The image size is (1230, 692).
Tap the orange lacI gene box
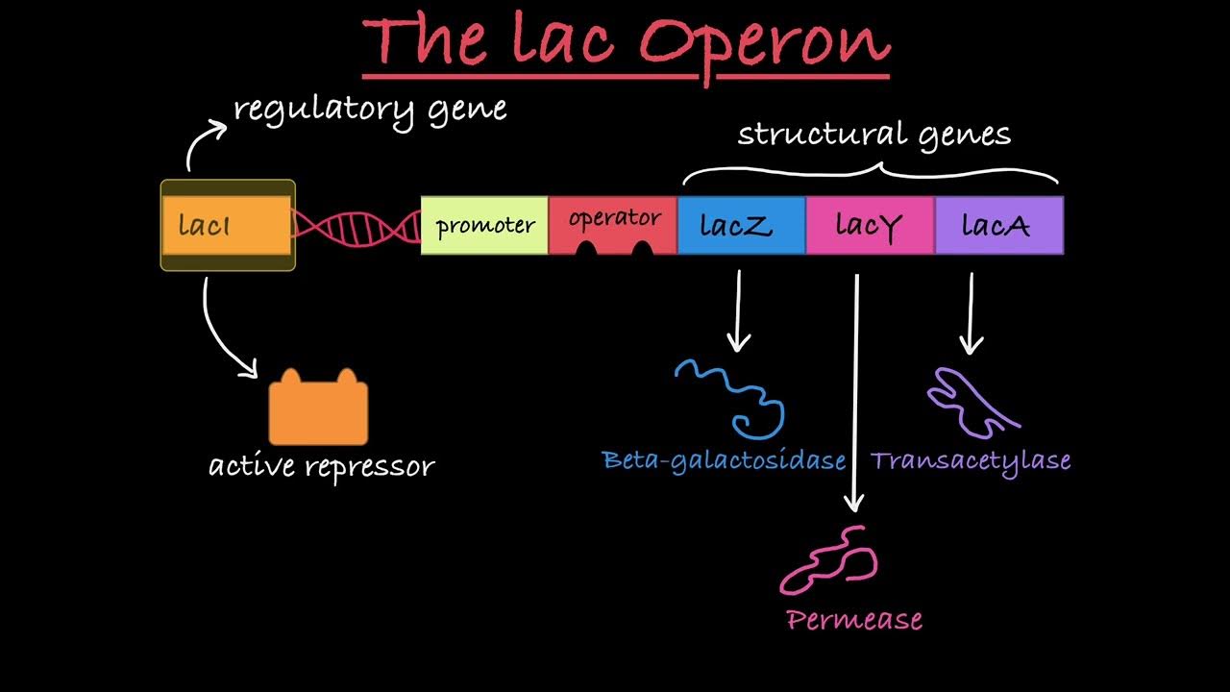(227, 226)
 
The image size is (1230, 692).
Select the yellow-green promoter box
(484, 226)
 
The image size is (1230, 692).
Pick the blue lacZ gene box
(741, 226)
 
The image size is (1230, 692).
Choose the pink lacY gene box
(870, 226)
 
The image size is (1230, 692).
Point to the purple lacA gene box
(998, 226)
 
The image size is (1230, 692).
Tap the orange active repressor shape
(317, 410)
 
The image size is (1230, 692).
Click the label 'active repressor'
(322, 467)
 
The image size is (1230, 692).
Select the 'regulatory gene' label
(370, 109)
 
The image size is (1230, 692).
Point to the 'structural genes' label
(873, 135)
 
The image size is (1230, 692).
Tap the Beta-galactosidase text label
(724, 460)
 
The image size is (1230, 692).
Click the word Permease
(854, 620)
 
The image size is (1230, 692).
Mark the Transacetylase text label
(971, 460)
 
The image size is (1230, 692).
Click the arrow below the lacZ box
(739, 309)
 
